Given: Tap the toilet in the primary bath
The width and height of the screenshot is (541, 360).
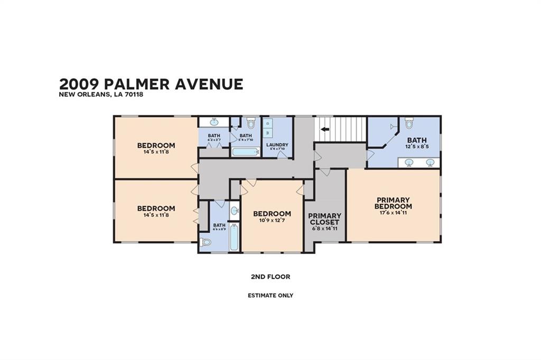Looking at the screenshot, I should click(409, 124).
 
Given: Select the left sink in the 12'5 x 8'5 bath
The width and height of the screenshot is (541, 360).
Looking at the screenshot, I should click(409, 162).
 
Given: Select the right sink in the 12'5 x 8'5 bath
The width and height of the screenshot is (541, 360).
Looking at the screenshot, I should click(430, 162).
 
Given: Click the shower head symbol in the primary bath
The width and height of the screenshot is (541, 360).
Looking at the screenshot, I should click(392, 127).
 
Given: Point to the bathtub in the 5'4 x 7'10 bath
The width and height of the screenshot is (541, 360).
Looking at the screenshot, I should click(245, 152).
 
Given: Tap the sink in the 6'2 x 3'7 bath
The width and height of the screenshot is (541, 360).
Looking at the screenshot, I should click(214, 122).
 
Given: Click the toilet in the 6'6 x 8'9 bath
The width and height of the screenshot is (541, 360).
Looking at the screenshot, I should click(206, 242).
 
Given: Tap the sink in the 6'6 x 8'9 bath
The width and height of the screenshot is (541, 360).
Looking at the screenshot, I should click(234, 211).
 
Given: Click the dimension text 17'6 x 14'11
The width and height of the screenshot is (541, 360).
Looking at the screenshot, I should click(394, 213).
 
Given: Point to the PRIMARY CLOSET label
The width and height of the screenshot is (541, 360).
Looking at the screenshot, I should click(324, 219).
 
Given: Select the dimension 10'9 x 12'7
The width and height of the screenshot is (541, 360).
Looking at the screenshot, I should click(272, 221).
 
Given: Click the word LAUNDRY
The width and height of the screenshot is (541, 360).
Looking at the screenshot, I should click(277, 145).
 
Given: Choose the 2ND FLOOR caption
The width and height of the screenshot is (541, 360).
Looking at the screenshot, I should click(270, 277).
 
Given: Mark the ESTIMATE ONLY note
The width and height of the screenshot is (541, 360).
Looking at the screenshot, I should click(270, 296).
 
